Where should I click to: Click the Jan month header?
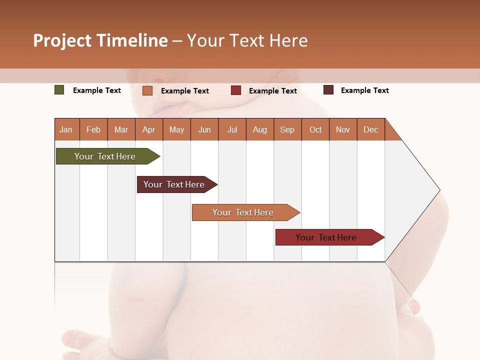[x=66, y=129]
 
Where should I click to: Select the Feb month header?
[x=93, y=129]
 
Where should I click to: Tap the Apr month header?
[x=149, y=129]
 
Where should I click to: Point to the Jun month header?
[x=204, y=129]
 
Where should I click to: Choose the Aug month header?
[x=260, y=129]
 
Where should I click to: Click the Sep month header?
[x=287, y=129]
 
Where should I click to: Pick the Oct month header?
[x=315, y=129]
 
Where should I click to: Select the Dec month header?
[x=371, y=129]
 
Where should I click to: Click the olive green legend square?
[x=59, y=90]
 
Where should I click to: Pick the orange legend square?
[x=147, y=90]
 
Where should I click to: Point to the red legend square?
[x=236, y=90]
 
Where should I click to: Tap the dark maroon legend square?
[x=328, y=90]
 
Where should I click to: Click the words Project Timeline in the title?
[x=100, y=40]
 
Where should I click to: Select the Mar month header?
[x=121, y=129]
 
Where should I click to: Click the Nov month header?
[x=343, y=129]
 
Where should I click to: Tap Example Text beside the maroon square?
[x=365, y=90]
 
